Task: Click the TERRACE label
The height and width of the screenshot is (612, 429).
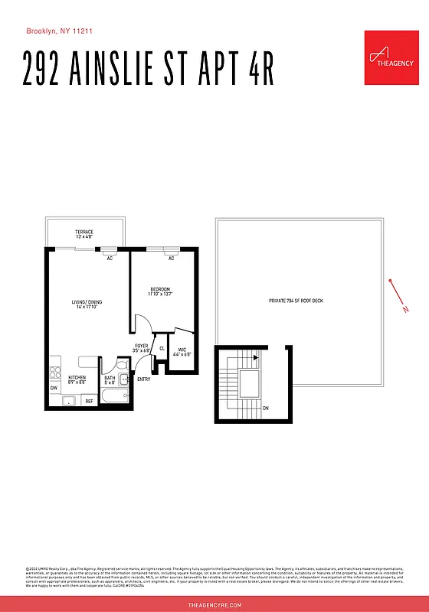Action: pyautogui.click(x=84, y=234)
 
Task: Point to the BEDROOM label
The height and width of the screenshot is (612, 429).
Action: pyautogui.click(x=160, y=291)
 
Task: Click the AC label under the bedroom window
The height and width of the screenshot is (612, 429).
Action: pyautogui.click(x=172, y=259)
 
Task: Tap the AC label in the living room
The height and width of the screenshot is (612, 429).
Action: pyautogui.click(x=110, y=259)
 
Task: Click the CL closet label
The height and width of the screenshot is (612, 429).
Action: pyautogui.click(x=162, y=349)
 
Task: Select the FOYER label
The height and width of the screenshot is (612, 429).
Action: pyautogui.click(x=142, y=348)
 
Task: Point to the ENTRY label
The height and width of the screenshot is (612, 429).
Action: pyautogui.click(x=144, y=379)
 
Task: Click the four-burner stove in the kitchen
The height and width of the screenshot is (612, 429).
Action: pyautogui.click(x=55, y=373)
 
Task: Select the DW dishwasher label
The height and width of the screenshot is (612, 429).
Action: pyautogui.click(x=54, y=388)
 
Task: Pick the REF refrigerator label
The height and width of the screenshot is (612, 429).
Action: pyautogui.click(x=89, y=401)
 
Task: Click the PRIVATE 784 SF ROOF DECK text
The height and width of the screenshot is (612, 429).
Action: pyautogui.click(x=296, y=301)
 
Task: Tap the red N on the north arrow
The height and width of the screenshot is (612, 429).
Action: pyautogui.click(x=405, y=310)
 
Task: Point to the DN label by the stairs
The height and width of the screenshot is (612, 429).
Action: pyautogui.click(x=266, y=409)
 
